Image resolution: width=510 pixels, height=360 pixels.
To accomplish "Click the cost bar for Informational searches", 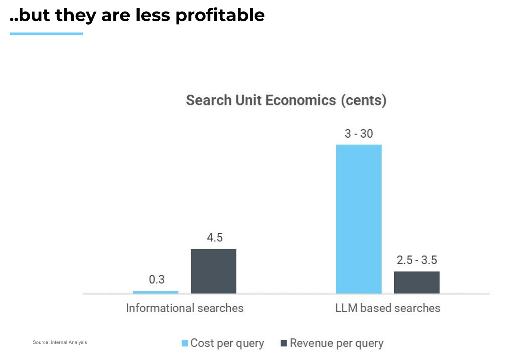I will pyautogui.click(x=155, y=292).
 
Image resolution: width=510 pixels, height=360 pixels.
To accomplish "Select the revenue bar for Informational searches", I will pyautogui.click(x=213, y=271).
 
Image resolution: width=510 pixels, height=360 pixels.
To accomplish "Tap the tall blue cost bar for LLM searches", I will pyautogui.click(x=359, y=219).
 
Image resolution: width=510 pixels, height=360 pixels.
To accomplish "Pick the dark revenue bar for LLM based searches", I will pyautogui.click(x=417, y=282).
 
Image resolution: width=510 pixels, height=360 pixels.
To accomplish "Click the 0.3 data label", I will pyautogui.click(x=157, y=280).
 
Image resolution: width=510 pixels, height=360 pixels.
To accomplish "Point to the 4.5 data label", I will pyautogui.click(x=215, y=238).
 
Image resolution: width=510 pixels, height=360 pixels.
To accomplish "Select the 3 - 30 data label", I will pyautogui.click(x=359, y=134).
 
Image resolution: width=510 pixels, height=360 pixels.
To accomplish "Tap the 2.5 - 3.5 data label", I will pyautogui.click(x=417, y=260).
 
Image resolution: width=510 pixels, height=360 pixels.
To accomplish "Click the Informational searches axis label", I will pyautogui.click(x=184, y=308).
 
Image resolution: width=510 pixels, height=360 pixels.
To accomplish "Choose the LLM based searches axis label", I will pyautogui.click(x=388, y=308).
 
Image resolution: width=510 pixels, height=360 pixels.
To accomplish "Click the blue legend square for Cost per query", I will pyautogui.click(x=185, y=344).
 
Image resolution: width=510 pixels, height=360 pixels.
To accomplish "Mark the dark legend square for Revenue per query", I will pyautogui.click(x=284, y=344).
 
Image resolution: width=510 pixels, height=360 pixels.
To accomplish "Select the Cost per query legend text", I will pyautogui.click(x=227, y=344).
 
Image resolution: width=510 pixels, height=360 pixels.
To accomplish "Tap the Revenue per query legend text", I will pyautogui.click(x=336, y=344).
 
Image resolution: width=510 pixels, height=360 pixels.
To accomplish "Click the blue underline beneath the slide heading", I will pyautogui.click(x=46, y=34).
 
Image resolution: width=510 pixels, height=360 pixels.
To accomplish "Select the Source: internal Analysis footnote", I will pyautogui.click(x=60, y=342).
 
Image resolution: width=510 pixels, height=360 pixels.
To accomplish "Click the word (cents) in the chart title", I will pyautogui.click(x=363, y=100).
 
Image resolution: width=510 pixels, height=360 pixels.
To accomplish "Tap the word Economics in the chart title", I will pyautogui.click(x=301, y=100).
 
